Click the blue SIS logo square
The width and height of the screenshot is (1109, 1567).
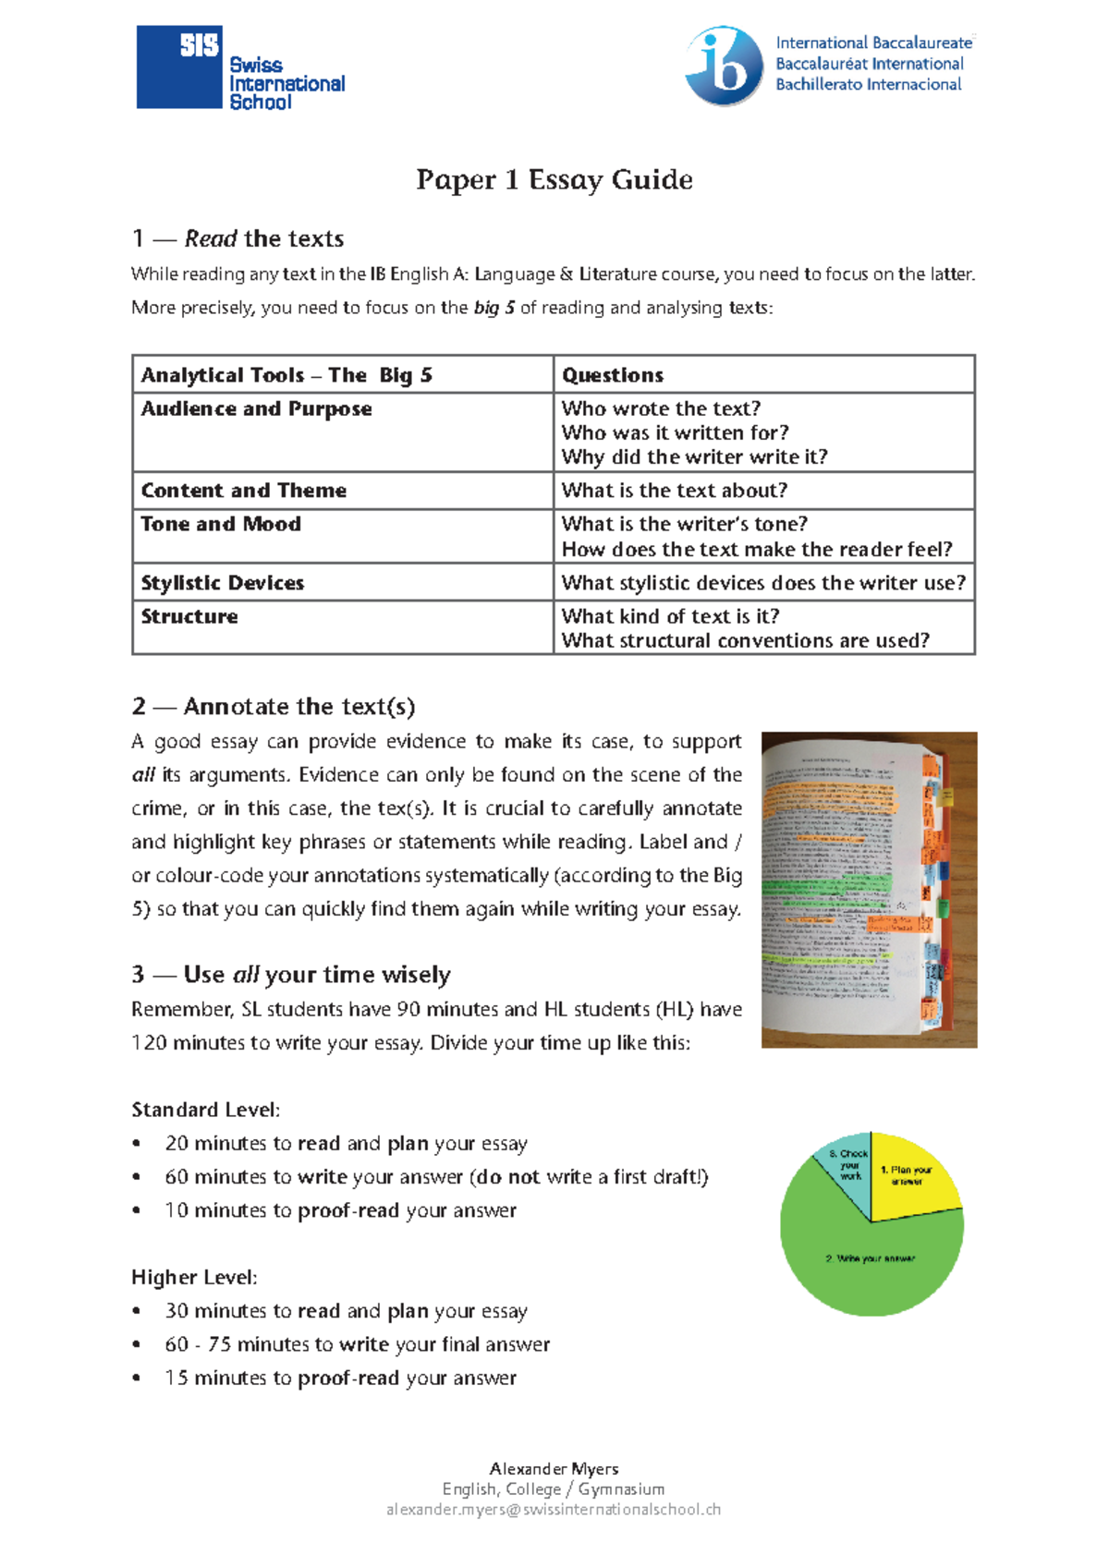point(179,67)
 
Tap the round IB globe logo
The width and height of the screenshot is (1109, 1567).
point(724,66)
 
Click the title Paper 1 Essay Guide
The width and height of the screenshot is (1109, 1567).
point(554,179)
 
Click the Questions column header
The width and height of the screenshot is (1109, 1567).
point(613,375)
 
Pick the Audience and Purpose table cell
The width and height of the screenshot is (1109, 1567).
point(257,408)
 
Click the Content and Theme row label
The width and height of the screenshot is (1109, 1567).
point(244,491)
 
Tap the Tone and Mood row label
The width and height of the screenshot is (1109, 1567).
point(221,524)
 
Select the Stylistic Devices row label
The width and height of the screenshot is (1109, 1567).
point(223,583)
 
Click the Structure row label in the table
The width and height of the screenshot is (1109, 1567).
point(189,616)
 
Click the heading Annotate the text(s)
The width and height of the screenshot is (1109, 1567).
point(274,707)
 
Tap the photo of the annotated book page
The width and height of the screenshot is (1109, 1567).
point(869,889)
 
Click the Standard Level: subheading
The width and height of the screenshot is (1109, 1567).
point(205,1110)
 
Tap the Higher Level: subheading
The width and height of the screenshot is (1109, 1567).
point(194,1278)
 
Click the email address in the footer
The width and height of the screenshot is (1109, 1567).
point(554,1510)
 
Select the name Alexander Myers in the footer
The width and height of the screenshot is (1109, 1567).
point(554,1469)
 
